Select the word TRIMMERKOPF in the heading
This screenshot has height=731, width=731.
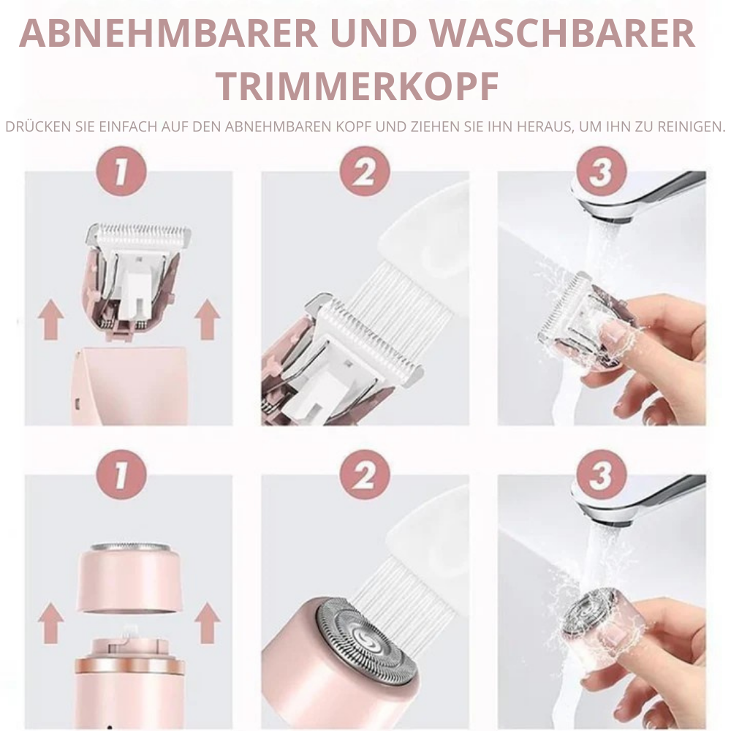(357, 86)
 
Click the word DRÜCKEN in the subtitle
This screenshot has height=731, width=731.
(38, 126)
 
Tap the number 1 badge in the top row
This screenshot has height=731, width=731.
(121, 171)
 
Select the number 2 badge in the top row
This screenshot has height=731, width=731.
(365, 171)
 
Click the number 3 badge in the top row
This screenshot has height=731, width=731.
(602, 171)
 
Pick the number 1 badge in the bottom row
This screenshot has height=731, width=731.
(121, 474)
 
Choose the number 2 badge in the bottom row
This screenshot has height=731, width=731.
(365, 474)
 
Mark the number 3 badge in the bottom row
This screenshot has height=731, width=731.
(602, 474)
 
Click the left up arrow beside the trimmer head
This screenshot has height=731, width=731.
(51, 319)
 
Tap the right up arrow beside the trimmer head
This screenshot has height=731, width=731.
(207, 319)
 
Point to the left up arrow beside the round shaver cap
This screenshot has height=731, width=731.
(51, 623)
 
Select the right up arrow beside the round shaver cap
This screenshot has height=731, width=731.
(207, 623)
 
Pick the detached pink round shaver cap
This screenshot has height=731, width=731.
(130, 577)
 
